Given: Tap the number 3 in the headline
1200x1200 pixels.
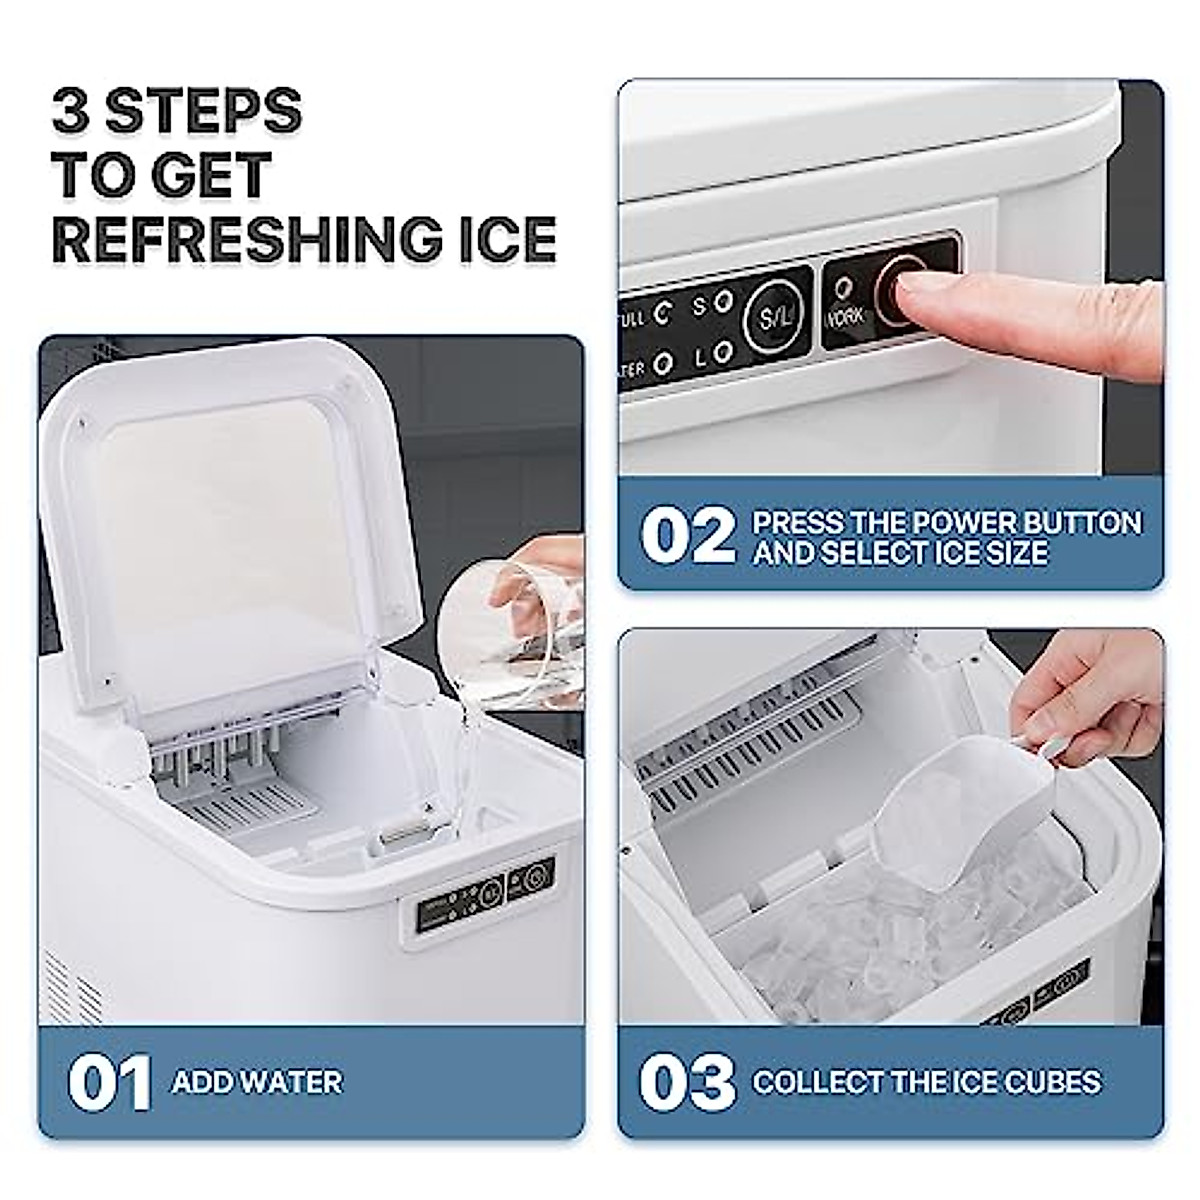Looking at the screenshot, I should coord(74,111).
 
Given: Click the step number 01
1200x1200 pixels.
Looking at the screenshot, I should coord(109,1082).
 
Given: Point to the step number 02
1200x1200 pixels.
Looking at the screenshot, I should coord(687,537).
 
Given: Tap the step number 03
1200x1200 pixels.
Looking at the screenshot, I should coord(687,1082).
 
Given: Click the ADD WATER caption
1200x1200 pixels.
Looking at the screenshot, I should coord(257,1082).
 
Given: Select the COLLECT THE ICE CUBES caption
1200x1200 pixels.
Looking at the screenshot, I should coord(926,1082).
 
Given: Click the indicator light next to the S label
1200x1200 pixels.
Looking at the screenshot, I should coord(724,301).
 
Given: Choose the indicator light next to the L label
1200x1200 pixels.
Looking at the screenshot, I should coord(724,353).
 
